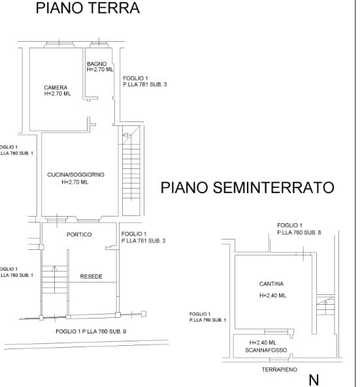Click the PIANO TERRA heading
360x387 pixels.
click(x=88, y=8)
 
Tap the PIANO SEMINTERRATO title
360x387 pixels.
click(x=248, y=187)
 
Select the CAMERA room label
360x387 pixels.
click(x=56, y=87)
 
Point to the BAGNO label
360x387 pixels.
click(x=97, y=64)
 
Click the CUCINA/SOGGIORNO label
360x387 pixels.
click(x=76, y=175)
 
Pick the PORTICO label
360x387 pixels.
click(x=79, y=234)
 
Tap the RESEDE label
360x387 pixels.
click(x=91, y=277)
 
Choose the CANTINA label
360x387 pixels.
click(x=271, y=284)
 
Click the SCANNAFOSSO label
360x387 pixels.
click(x=266, y=350)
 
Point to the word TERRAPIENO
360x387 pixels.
click(x=280, y=369)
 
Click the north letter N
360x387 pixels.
click(x=314, y=380)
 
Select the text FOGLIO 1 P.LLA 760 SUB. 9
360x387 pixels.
click(x=91, y=332)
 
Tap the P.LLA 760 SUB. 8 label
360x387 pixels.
click(x=299, y=232)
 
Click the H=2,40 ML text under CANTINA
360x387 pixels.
click(x=273, y=296)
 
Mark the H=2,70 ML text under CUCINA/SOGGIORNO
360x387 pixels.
click(x=75, y=182)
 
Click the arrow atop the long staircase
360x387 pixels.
click(x=127, y=136)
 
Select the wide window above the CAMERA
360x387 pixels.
click(x=59, y=44)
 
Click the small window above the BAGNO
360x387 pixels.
click(x=99, y=44)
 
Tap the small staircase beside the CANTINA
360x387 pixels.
click(x=325, y=306)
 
